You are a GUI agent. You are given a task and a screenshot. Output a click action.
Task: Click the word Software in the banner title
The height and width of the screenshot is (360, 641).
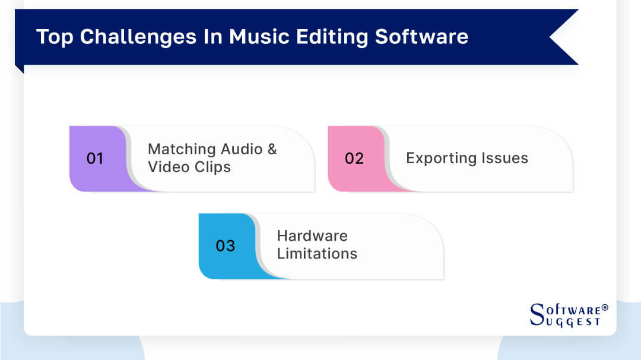[x=421, y=37]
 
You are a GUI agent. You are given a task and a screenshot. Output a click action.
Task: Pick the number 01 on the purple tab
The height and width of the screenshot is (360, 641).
[x=95, y=158]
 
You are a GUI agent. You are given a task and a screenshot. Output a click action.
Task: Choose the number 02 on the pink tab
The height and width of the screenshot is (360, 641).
[x=354, y=158]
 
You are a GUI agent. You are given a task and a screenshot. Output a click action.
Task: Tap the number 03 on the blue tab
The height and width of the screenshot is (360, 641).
[x=226, y=246]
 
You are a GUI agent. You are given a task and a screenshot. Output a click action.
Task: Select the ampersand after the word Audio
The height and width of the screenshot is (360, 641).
[x=272, y=149]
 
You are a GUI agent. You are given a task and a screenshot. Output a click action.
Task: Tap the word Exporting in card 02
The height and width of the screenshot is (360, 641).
[x=438, y=158]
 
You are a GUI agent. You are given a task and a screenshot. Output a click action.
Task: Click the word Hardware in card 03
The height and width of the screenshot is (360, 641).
[x=312, y=235]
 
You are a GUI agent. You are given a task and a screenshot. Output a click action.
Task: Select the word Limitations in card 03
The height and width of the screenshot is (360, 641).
[x=317, y=254]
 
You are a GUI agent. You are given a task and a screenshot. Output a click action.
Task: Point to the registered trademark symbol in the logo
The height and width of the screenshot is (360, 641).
[x=605, y=307]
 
